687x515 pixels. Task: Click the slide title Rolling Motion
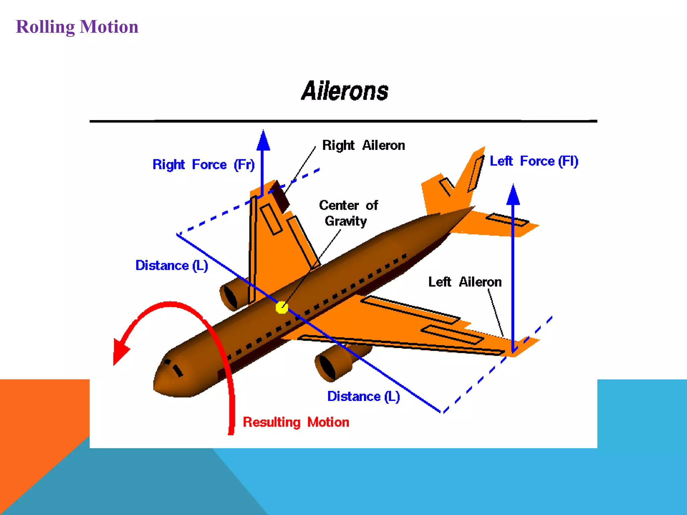[77, 27]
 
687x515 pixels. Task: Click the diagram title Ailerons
[345, 91]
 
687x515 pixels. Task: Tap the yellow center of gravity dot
[282, 307]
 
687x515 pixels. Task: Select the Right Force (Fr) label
[203, 165]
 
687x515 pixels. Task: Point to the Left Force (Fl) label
[534, 161]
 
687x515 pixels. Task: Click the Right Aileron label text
[363, 146]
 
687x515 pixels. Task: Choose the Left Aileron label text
[465, 282]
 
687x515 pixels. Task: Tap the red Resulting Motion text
[296, 422]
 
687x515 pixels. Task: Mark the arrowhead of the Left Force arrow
[513, 195]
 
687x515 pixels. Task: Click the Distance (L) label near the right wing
[171, 266]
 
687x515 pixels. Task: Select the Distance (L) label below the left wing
[363, 397]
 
